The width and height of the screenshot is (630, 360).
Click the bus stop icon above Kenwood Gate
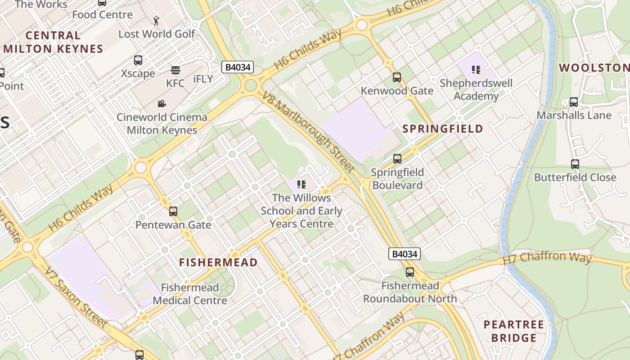coord(396,77)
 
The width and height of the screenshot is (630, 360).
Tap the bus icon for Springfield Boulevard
coord(397,159)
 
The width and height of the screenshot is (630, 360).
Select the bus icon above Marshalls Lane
coord(573,102)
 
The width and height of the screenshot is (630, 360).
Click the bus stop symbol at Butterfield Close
coord(575,164)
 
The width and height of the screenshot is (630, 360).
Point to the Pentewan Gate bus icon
coord(173,211)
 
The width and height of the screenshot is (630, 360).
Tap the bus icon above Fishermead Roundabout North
coord(409,272)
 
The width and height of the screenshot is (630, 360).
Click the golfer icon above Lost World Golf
coord(156,21)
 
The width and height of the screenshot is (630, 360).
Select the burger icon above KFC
coord(175,70)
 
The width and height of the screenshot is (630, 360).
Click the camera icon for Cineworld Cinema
coord(162,104)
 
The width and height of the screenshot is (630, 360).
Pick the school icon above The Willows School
coord(301,184)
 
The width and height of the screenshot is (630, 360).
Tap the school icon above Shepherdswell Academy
coord(476,70)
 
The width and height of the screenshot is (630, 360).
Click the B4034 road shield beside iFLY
coord(238,67)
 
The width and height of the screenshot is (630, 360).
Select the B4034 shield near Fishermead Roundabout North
coord(405,254)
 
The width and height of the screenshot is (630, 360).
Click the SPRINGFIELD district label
coord(442,129)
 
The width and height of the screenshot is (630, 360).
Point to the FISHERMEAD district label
coord(218,262)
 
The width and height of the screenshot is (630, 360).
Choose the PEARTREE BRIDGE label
coord(513,331)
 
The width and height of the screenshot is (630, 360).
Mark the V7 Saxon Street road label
coord(76,297)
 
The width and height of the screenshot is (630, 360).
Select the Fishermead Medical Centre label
coord(189,294)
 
